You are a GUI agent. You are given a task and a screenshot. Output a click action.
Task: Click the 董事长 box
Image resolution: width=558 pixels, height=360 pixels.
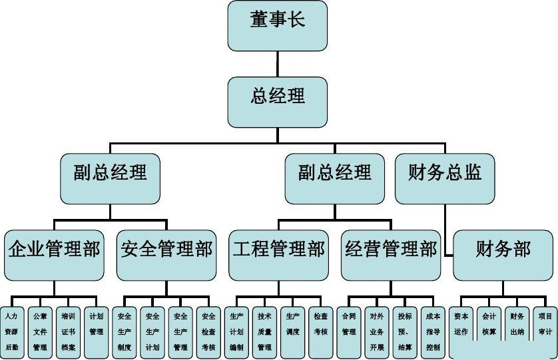(x=277, y=25)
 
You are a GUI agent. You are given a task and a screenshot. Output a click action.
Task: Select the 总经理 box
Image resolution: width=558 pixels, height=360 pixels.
(x=277, y=102)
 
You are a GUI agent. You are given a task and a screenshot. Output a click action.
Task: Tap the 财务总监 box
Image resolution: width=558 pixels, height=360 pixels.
(x=445, y=178)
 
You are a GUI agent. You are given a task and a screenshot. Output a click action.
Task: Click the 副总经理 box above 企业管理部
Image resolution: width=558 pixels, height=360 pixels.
(x=110, y=178)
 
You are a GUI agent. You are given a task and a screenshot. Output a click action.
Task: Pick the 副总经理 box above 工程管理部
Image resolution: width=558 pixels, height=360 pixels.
(x=334, y=178)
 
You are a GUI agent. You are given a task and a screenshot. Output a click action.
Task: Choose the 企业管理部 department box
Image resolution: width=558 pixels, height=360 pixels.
(x=54, y=255)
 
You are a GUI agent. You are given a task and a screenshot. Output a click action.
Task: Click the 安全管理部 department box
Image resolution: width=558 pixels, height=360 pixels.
(x=166, y=255)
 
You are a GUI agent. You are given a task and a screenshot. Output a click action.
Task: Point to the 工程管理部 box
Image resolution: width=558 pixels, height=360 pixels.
(x=278, y=255)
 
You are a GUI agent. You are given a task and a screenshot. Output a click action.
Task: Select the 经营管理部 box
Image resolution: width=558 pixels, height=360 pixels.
(x=391, y=255)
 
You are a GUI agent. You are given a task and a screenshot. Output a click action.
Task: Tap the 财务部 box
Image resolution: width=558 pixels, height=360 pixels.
(x=503, y=255)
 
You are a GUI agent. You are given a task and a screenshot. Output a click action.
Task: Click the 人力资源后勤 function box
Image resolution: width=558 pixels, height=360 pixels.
(x=12, y=332)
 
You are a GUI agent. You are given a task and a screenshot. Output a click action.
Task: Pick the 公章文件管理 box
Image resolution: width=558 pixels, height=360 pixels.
(x=40, y=332)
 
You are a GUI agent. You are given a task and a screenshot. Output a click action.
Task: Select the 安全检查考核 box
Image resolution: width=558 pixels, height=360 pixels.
(x=208, y=332)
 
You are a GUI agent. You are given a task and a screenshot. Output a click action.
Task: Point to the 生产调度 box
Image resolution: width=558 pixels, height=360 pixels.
(x=293, y=332)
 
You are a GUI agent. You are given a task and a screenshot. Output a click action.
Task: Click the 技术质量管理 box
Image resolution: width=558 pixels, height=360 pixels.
(x=265, y=332)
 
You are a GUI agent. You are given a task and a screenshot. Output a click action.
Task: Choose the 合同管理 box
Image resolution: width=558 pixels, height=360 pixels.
(x=349, y=332)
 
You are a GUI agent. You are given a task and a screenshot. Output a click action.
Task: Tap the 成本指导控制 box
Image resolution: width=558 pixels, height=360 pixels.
(x=433, y=332)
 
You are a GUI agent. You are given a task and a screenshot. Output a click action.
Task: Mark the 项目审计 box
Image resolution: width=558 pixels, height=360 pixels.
(x=545, y=332)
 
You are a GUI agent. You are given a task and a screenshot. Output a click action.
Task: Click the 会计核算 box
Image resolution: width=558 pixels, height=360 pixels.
(x=489, y=332)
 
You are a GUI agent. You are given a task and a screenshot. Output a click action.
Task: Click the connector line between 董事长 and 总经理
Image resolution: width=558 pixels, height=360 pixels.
(x=278, y=64)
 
